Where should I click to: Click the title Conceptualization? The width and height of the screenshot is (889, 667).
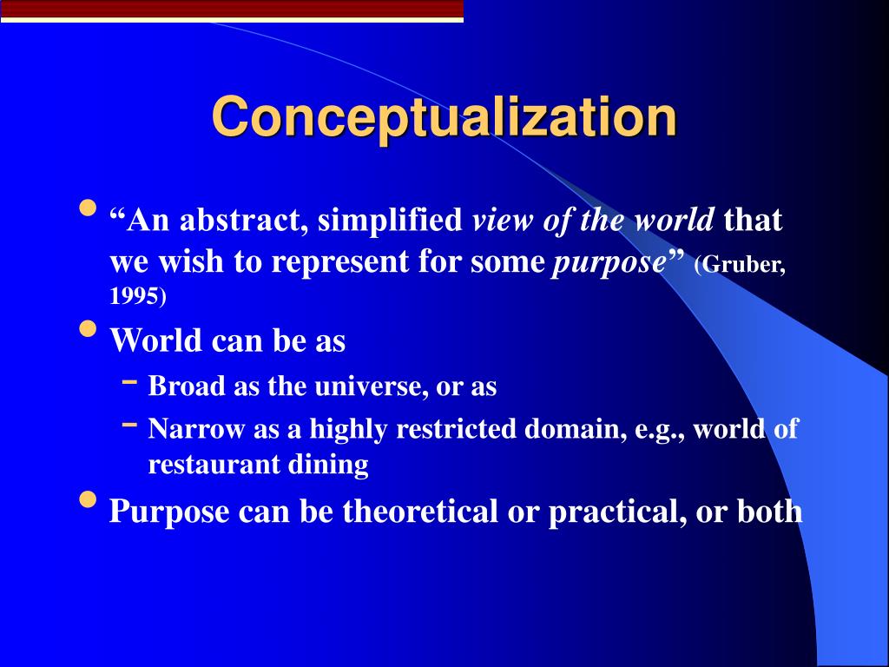[444, 117]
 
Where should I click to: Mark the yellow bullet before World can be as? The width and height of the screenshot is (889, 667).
[88, 330]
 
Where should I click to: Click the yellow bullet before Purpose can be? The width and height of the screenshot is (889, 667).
[88, 500]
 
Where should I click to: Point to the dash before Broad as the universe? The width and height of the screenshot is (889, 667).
[129, 381]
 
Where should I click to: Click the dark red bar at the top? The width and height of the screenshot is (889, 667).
[231, 10]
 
